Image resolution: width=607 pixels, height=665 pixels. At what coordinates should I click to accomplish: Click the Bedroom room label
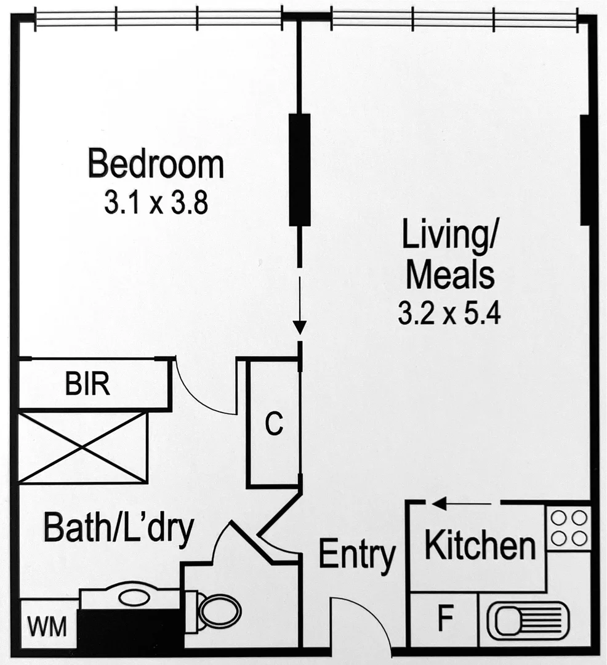pos(155,164)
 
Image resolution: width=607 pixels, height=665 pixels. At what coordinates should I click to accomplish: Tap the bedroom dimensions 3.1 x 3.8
pos(155,203)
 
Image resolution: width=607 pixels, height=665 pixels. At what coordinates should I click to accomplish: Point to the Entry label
pos(356,554)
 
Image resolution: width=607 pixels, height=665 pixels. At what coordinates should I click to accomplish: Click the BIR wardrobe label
pos(88,385)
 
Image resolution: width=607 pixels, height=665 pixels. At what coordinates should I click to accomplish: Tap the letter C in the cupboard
pos(274,424)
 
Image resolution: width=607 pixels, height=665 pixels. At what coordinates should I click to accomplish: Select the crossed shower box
pos(83,448)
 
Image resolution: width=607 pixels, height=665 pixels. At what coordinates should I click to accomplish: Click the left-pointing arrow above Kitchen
pos(441,504)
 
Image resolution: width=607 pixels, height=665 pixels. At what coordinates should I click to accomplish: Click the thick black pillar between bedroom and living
pos(300,169)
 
